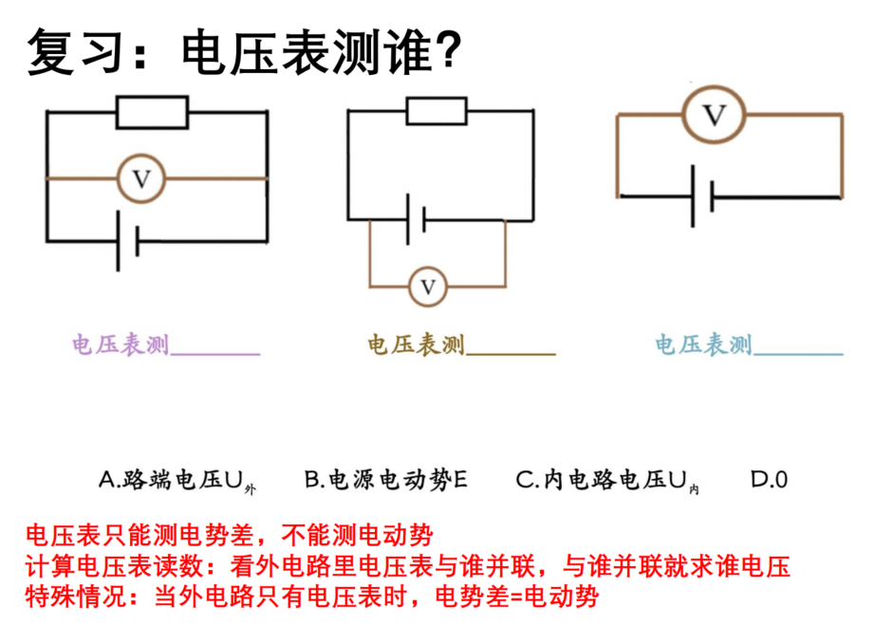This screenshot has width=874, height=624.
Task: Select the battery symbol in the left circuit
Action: [x=128, y=241]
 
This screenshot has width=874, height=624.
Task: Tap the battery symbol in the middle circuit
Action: [x=416, y=219]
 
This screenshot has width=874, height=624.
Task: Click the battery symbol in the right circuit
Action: [x=702, y=196]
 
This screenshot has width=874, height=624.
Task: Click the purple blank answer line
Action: [x=215, y=353]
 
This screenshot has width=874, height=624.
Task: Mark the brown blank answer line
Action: [x=511, y=353]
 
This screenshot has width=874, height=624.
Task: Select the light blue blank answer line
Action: [x=798, y=353]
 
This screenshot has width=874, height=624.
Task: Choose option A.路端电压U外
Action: [x=177, y=481]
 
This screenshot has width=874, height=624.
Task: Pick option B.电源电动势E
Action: [x=385, y=480]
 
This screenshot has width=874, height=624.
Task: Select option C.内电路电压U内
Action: [x=607, y=481]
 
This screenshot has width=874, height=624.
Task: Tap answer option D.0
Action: [x=770, y=480]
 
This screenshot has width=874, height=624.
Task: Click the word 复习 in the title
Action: [x=75, y=51]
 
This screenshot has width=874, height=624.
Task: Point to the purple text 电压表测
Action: [x=121, y=345]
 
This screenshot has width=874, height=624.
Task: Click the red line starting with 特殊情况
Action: [x=312, y=596]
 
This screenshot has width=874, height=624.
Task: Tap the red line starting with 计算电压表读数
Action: [x=408, y=566]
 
